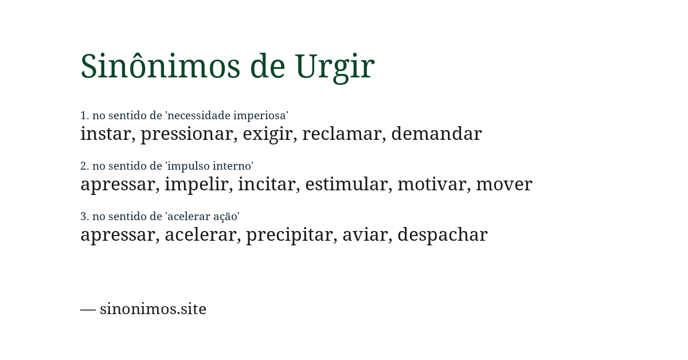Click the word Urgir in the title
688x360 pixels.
(334, 66)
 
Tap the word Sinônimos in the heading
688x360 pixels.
(160, 66)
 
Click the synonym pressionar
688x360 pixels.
(187, 134)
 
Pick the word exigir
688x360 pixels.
(268, 134)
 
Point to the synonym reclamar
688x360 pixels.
(342, 134)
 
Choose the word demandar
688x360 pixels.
(436, 134)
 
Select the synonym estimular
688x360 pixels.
(346, 185)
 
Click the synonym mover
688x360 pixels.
(504, 185)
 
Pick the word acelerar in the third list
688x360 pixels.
(200, 235)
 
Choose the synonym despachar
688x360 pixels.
(442, 235)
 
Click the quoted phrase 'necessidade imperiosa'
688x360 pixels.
(226, 116)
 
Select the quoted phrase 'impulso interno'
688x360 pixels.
(209, 166)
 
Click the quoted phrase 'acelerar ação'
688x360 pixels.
(202, 217)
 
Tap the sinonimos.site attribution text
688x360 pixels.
(153, 309)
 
